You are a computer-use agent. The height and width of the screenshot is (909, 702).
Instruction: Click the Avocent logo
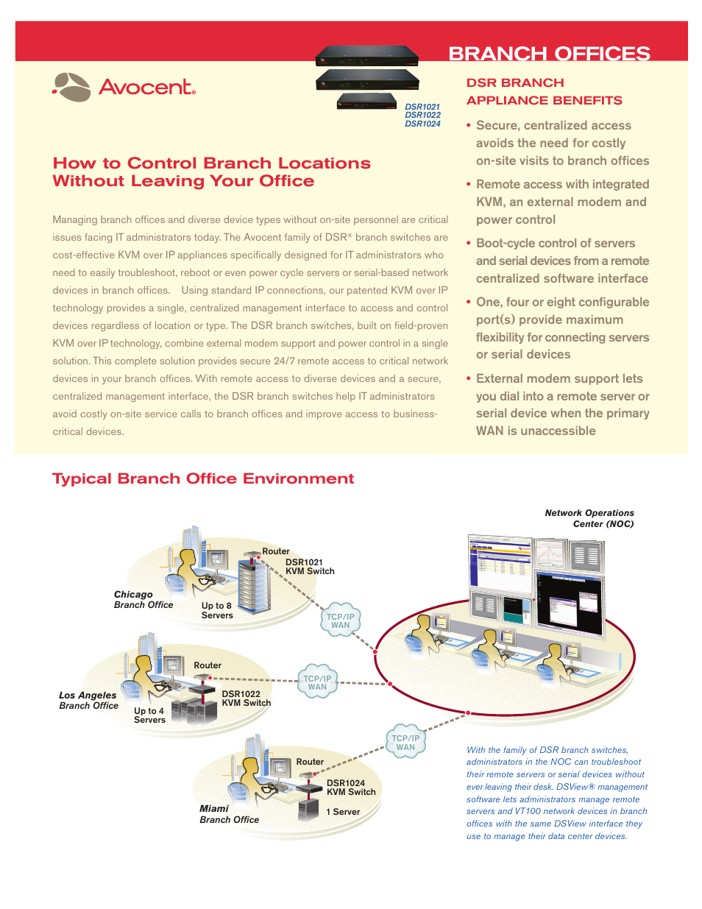(x=124, y=87)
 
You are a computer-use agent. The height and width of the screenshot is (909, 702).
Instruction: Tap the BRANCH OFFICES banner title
(x=549, y=54)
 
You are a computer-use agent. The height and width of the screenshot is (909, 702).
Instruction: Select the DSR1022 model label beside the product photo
(x=422, y=115)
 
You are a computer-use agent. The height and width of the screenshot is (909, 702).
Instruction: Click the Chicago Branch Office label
(x=143, y=599)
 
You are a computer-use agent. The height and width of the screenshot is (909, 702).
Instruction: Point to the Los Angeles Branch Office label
(x=88, y=700)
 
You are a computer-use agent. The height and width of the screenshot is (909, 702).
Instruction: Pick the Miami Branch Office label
(x=229, y=814)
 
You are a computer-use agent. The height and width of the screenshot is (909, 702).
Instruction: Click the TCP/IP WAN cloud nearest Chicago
(x=341, y=620)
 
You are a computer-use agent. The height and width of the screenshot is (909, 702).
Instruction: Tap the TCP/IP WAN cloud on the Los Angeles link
(x=317, y=682)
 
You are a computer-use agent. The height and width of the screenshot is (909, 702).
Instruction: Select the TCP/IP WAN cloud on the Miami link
(x=405, y=743)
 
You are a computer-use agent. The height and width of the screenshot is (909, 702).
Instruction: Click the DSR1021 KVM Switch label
(x=310, y=567)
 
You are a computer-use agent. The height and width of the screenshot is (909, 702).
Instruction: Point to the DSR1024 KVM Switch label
(x=351, y=788)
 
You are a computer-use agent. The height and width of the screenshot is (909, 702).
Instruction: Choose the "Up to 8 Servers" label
(x=217, y=610)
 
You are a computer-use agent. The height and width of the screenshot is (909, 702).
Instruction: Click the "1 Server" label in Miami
(x=343, y=812)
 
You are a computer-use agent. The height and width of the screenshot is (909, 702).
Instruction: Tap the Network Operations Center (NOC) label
(x=589, y=518)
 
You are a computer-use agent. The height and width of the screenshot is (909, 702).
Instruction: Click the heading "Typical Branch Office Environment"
(x=203, y=478)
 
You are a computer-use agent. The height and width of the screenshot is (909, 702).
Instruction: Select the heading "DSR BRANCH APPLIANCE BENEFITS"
(x=544, y=91)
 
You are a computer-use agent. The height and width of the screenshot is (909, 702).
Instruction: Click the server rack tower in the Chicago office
(x=254, y=587)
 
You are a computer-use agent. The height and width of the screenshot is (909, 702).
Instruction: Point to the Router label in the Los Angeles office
(x=208, y=665)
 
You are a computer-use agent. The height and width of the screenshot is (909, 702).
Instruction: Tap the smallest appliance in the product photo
(x=366, y=101)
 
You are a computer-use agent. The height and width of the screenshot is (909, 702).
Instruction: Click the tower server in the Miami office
(x=308, y=810)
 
